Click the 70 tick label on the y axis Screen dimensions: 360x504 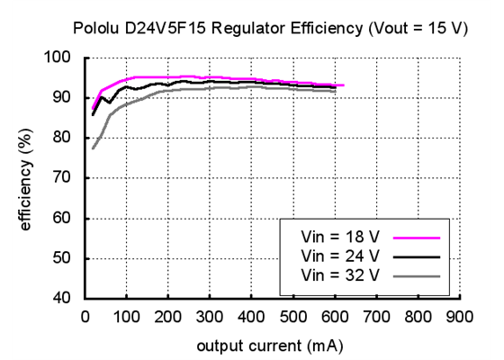[65, 178]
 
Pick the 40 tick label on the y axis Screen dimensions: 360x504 [65, 299]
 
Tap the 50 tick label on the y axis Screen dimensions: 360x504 [65, 259]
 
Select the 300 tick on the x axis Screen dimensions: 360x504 [209, 317]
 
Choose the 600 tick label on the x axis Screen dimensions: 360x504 [334, 317]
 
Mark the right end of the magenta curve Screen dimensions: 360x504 [344, 85]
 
